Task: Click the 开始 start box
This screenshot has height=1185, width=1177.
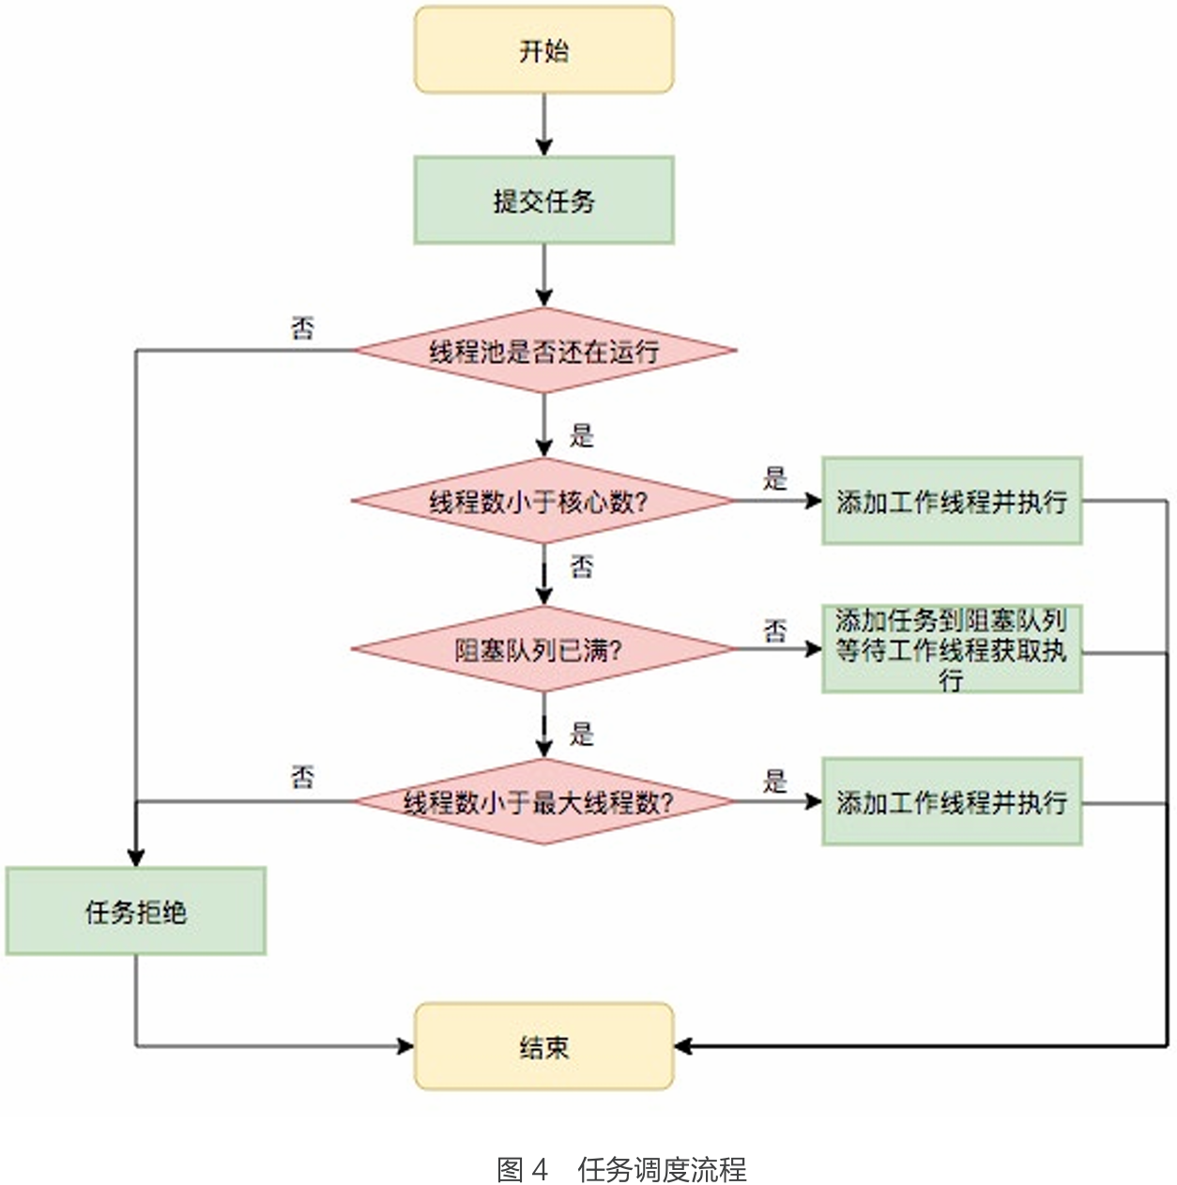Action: coord(543,50)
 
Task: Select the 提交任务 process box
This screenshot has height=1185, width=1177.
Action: coord(543,200)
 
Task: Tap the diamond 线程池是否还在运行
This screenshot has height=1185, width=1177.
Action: coord(543,351)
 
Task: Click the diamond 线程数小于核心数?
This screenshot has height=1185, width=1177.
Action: coord(543,501)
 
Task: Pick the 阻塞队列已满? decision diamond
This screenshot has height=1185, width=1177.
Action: coord(543,649)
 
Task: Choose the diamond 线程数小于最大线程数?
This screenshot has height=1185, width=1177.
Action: coord(543,802)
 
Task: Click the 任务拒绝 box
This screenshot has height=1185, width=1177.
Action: coord(136,911)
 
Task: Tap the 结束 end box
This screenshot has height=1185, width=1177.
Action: coord(543,1046)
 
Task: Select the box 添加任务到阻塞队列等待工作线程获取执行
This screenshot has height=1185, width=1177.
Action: coord(952,649)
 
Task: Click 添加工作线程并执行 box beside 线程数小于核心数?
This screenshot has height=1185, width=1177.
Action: coord(952,501)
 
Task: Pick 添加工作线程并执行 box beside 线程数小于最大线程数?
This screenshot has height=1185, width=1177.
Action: coord(952,802)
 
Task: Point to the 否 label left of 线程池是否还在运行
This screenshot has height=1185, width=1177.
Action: coord(302,328)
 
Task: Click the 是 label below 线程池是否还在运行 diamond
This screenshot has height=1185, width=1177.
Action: coord(582,435)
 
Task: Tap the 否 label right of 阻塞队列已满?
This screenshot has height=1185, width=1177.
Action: coord(775,630)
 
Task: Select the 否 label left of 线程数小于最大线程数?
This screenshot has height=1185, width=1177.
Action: coord(302,778)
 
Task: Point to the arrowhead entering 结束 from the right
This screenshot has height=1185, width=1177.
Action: coord(683,1046)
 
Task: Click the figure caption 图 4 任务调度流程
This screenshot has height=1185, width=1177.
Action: coord(620,1169)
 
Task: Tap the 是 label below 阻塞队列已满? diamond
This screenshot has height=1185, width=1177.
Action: coord(582,734)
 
